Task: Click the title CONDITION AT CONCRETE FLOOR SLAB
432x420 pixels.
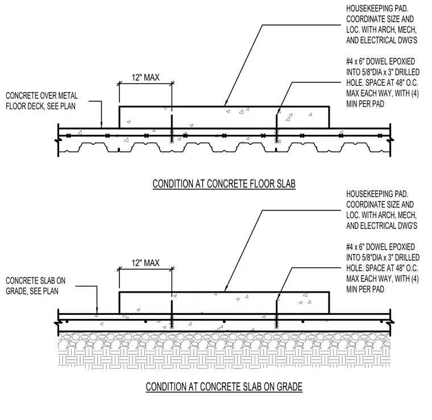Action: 224,184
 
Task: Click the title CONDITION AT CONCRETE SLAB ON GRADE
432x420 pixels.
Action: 224,386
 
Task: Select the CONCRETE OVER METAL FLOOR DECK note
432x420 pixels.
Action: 41,101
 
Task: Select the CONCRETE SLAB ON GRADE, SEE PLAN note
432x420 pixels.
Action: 36,286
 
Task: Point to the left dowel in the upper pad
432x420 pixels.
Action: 172,129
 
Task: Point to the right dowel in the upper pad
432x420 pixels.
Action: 277,129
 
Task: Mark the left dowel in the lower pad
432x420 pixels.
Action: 172,314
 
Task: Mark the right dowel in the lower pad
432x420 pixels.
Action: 277,314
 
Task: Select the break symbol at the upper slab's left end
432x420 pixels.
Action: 59,140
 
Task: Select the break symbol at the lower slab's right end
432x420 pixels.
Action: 391,322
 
